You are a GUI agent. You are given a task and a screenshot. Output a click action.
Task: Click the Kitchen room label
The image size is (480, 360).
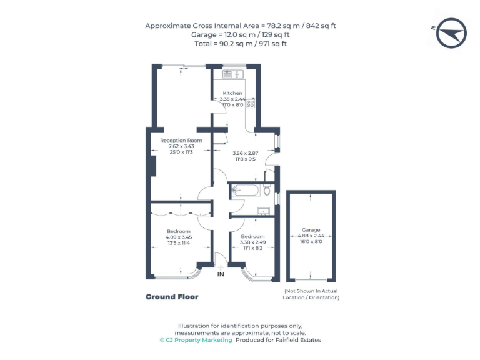coord(232,93)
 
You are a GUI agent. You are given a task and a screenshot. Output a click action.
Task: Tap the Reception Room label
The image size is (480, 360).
coord(181,141)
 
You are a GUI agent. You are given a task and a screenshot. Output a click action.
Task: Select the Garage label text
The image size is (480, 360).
coord(311,229)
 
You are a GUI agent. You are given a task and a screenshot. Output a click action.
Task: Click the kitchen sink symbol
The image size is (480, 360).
coord(232,74)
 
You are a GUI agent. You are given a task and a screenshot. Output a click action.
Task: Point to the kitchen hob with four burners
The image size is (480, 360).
coord(250,104)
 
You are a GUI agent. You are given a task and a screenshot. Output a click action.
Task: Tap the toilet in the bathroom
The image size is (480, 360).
coord(267,188)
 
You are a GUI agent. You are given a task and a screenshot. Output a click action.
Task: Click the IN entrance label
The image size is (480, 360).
coord(220,274)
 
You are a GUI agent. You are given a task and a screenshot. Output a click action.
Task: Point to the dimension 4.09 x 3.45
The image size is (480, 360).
coord(179,237)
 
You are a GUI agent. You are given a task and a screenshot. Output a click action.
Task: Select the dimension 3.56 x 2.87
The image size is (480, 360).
coord(245,153)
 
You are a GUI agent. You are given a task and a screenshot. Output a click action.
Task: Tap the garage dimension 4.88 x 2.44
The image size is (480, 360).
coord(311,236)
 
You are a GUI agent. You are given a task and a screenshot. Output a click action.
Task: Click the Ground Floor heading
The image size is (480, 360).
coord(172,297)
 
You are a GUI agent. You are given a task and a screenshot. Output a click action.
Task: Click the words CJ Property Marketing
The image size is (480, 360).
coord(196,341)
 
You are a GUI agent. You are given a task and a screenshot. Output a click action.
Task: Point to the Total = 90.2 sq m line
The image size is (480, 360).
coord(240,44)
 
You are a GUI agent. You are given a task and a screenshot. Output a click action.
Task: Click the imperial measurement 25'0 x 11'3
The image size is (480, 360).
coord(181,152)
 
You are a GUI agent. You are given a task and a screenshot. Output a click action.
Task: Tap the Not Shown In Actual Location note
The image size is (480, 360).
coord(312,295)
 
